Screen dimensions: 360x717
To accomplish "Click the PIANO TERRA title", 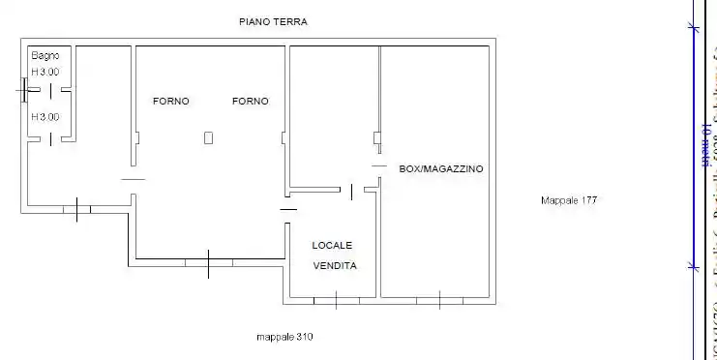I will (x=280, y=20).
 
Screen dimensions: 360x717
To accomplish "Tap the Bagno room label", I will (x=45, y=56).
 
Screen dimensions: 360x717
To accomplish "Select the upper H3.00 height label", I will (x=45, y=72).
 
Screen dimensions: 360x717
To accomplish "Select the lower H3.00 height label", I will (x=45, y=117).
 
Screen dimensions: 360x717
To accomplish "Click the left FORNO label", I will (x=171, y=102).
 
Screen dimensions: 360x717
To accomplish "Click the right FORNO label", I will (x=250, y=102).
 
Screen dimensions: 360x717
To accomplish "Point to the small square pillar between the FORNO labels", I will (x=208, y=138).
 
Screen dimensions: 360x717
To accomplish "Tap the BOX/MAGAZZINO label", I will (x=441, y=168).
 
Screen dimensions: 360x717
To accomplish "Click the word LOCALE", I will (x=332, y=245).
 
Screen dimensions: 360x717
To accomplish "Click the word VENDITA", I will (x=335, y=265).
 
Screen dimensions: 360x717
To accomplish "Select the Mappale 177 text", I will (x=568, y=200).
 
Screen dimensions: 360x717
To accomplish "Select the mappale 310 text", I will (x=284, y=337).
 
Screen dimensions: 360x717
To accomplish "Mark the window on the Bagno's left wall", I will (x=23, y=91).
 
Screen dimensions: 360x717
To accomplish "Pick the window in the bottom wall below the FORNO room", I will (x=208, y=261).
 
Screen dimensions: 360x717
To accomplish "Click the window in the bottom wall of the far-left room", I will (x=76, y=207).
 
